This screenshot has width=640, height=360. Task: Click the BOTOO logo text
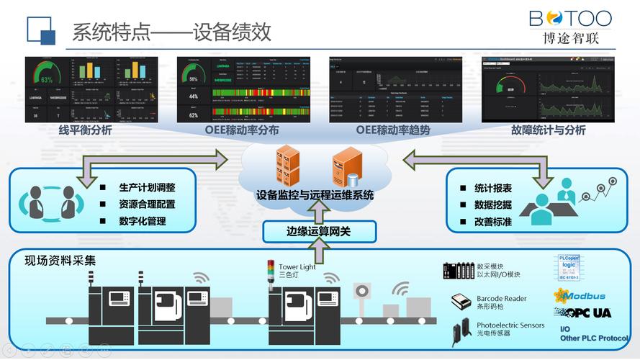click(570, 19)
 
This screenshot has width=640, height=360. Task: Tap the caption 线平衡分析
click(85, 130)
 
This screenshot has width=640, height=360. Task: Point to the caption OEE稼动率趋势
click(393, 130)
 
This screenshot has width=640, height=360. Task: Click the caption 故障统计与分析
click(548, 130)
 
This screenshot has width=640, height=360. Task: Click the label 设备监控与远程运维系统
click(315, 195)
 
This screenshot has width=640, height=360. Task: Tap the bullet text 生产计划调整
click(147, 187)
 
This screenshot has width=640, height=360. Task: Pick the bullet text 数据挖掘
click(493, 204)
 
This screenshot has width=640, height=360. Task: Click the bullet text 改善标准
click(493, 222)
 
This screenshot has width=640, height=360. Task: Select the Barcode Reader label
click(501, 299)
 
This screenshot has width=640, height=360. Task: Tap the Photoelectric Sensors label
click(510, 325)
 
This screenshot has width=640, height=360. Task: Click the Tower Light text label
click(297, 267)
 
